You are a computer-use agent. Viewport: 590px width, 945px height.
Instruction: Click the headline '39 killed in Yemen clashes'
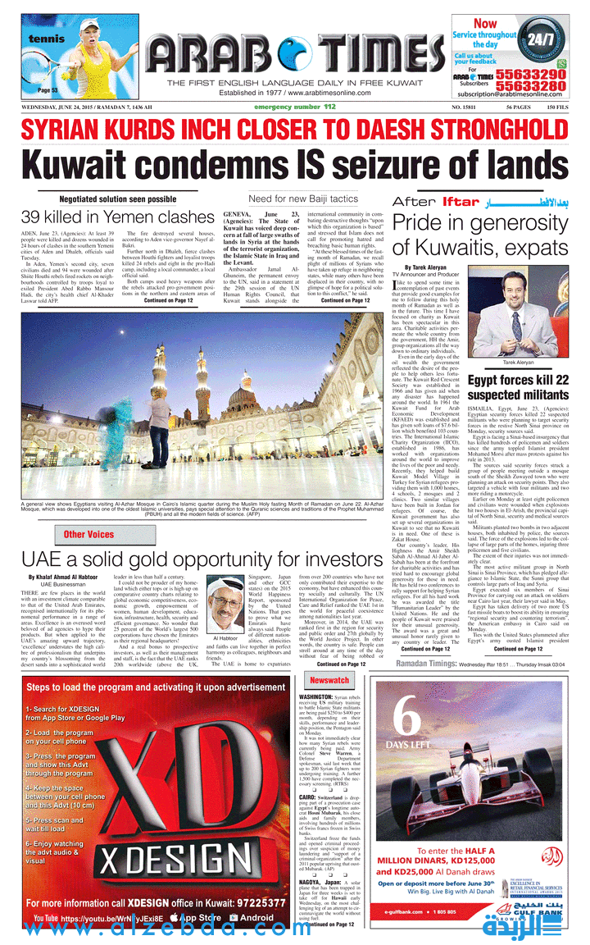tap(117, 217)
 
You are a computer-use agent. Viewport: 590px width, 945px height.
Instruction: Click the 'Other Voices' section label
tap(88, 535)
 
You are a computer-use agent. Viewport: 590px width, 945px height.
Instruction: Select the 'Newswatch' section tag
tap(329, 681)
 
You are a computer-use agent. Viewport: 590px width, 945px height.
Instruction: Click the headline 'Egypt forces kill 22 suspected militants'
tap(518, 387)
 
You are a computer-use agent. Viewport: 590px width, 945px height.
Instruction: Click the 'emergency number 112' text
tap(294, 107)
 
